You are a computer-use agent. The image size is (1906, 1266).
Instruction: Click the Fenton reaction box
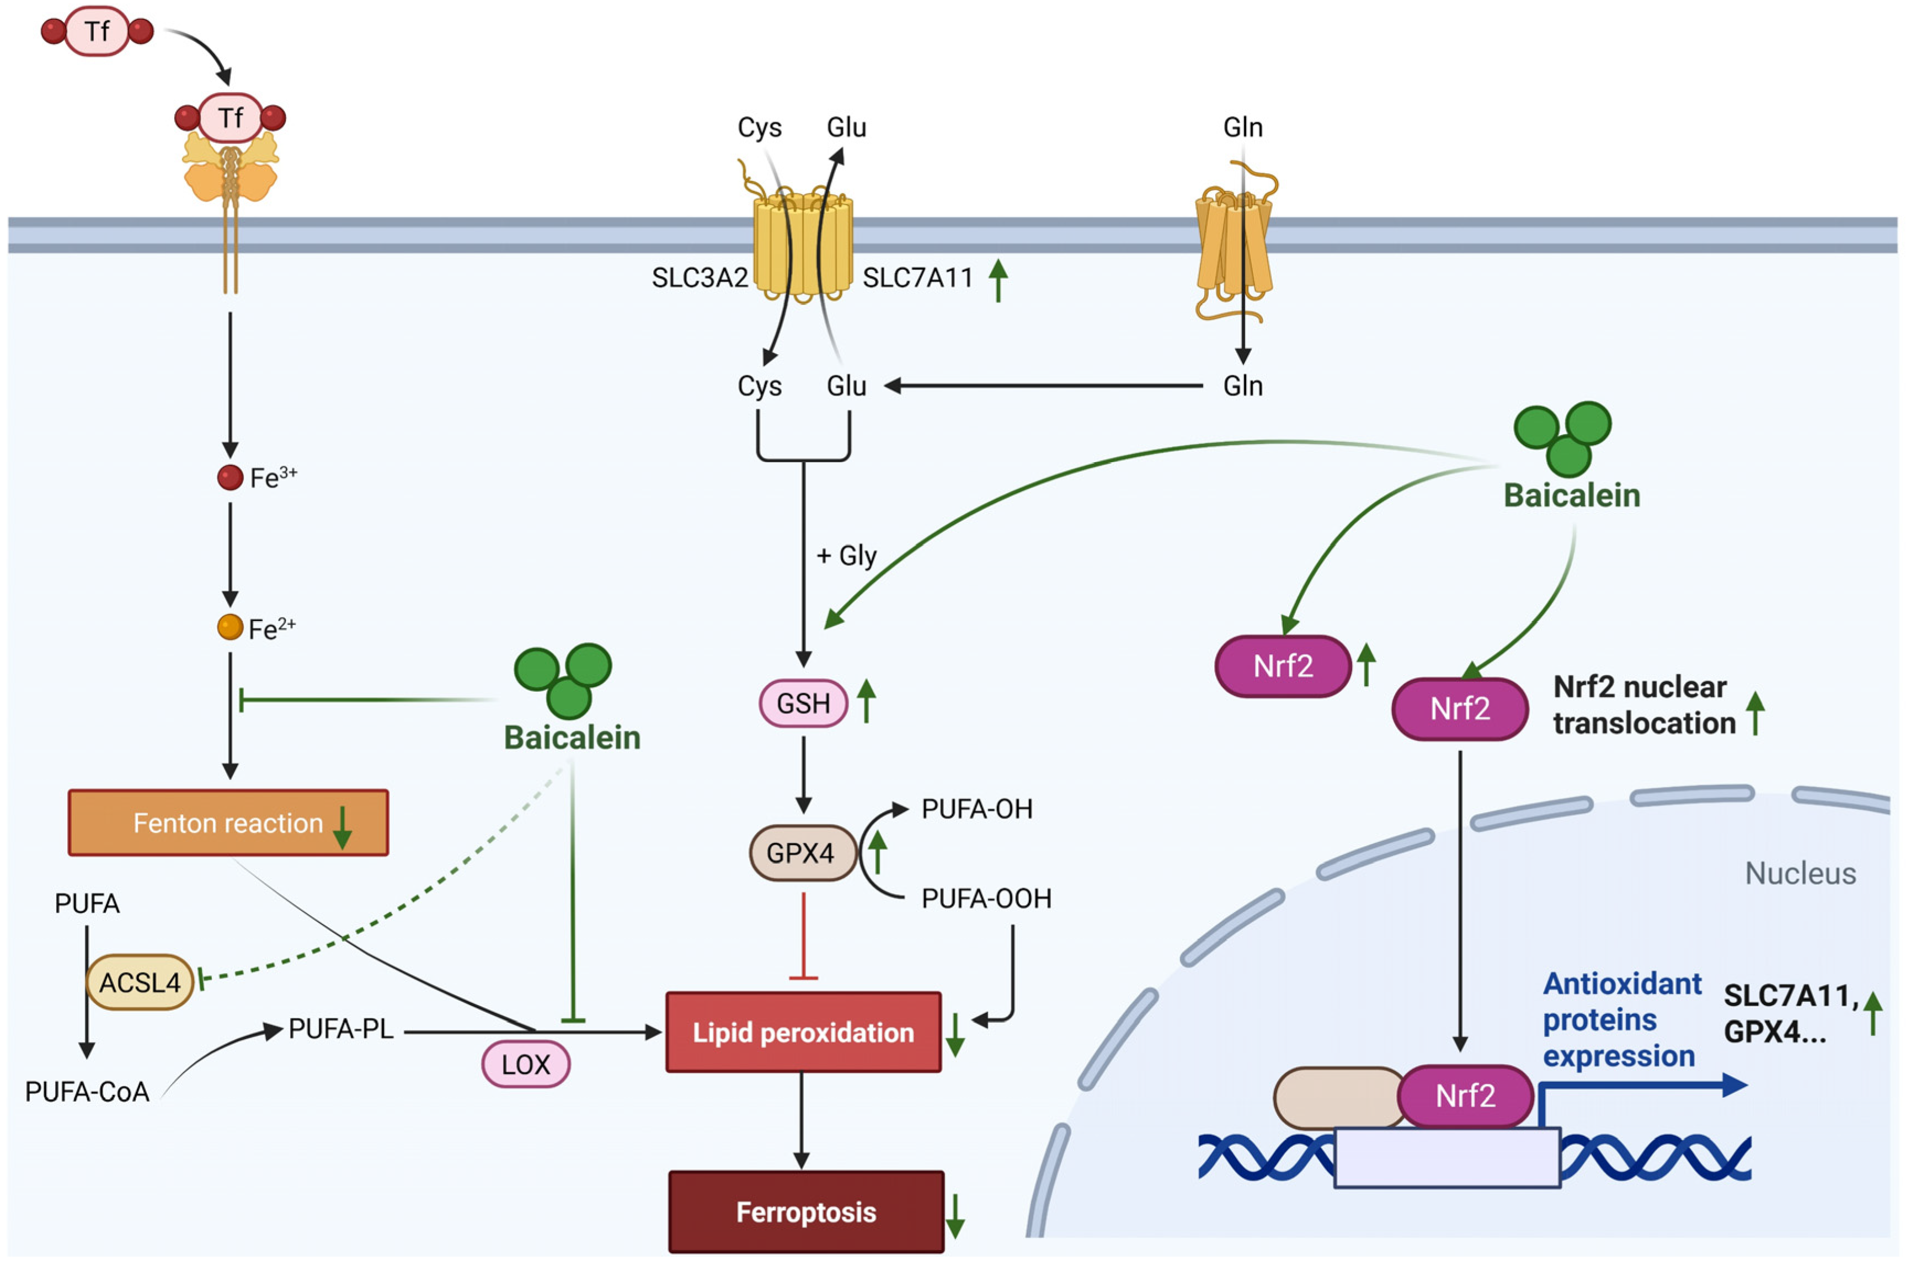228,822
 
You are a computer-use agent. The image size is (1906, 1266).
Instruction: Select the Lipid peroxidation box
803,1032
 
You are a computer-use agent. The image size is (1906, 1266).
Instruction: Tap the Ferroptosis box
805,1212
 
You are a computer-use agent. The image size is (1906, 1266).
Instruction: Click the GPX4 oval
801,853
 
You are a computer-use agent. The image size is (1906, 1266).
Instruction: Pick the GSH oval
803,703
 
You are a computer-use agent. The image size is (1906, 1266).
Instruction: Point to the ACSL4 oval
140,982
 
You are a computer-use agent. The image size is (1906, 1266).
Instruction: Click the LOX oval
526,1064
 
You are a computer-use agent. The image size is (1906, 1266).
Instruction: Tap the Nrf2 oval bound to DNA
1465,1096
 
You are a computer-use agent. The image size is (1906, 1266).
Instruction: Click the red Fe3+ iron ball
230,477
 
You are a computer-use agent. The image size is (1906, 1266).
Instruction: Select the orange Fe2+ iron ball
230,627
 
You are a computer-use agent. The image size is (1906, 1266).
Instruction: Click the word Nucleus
1800,874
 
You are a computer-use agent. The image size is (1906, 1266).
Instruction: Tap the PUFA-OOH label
986,899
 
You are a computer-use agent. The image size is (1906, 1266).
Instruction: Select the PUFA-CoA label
87,1092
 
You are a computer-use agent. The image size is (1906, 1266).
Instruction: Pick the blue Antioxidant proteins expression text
1620,1020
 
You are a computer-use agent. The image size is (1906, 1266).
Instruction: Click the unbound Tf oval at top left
97,31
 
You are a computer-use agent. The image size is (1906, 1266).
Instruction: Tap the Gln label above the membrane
1242,127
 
